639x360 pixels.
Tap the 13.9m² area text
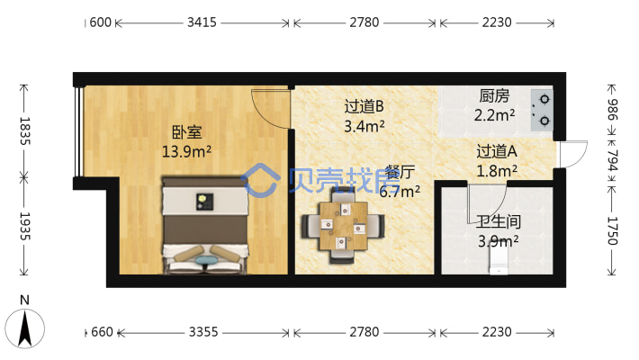point(186,151)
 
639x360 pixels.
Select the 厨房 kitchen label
point(494,95)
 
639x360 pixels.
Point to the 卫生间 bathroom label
point(498,220)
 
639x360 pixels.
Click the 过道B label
point(364,106)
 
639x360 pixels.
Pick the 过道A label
point(497,151)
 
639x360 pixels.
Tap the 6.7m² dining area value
point(400,191)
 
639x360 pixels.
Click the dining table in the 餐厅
point(342,226)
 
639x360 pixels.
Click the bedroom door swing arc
point(270,110)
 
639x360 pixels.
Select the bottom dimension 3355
point(203,332)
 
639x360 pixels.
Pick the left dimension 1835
point(24,131)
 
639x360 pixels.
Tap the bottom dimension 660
point(102,332)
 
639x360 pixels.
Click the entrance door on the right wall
point(571,155)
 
